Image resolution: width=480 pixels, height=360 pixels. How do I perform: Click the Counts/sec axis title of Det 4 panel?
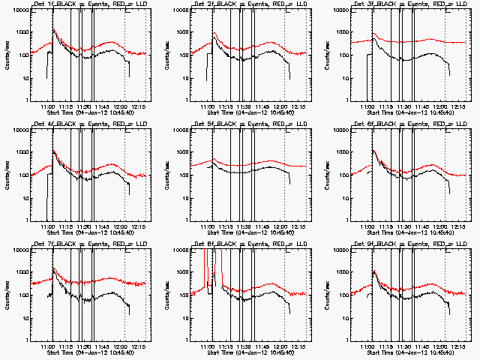point(6,175)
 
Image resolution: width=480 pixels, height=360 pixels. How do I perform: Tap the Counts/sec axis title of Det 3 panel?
point(327,55)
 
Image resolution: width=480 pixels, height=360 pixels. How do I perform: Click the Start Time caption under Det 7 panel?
point(87,354)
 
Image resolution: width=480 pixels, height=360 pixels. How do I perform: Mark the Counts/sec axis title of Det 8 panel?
point(166,295)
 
